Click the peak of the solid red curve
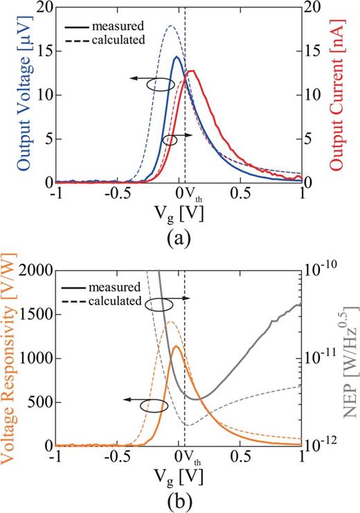coord(192,71)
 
